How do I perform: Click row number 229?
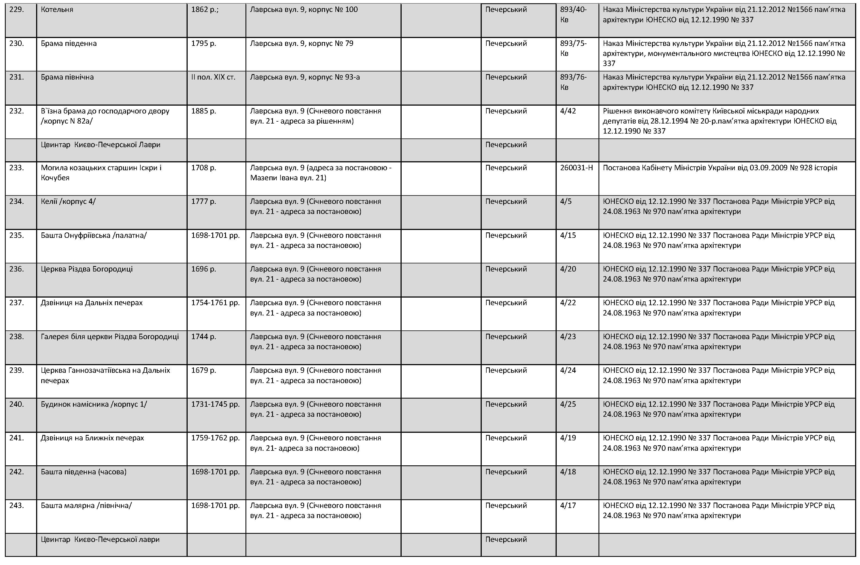coord(17,10)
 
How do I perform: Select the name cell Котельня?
coord(57,10)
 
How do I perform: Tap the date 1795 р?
coord(203,44)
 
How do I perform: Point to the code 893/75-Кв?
coord(573,48)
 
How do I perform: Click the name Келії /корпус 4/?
coord(68,201)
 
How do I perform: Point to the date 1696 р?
coord(203,269)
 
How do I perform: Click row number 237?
coord(17,303)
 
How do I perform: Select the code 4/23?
coord(568,337)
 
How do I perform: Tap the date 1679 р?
coord(203,371)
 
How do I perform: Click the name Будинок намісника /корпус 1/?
coord(94,404)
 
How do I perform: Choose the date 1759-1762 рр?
coord(215,438)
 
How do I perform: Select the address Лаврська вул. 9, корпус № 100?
coord(304,10)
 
